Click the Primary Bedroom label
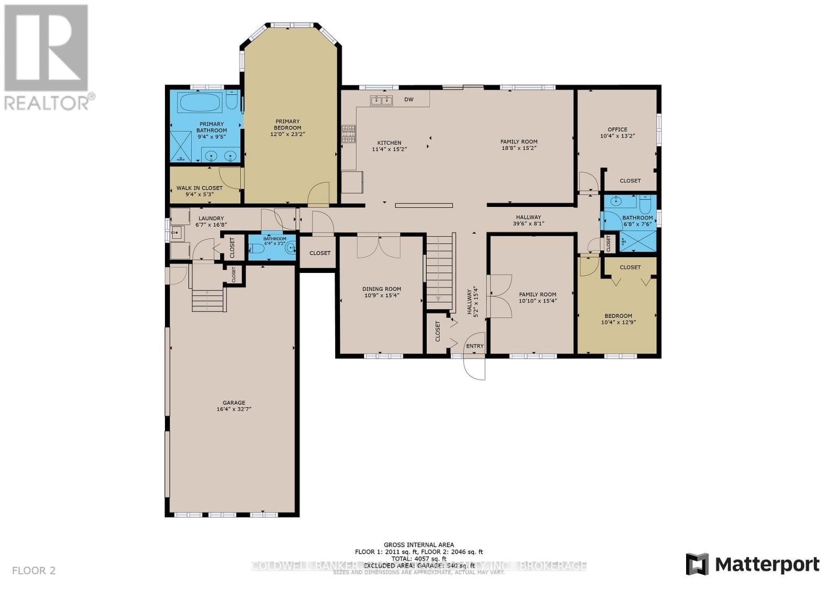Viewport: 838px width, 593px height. coord(287,125)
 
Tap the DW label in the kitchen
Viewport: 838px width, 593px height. coord(409,100)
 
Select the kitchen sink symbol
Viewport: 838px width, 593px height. coord(381,100)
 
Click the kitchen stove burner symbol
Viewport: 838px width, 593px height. coord(348,134)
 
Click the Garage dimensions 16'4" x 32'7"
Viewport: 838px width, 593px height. coord(234,409)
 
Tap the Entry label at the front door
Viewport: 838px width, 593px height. coord(475,346)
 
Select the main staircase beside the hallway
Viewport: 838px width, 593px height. coord(438,272)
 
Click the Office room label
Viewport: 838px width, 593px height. coord(617,129)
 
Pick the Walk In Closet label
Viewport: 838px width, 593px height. coord(199,188)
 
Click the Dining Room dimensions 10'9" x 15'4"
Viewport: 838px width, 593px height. coord(381,295)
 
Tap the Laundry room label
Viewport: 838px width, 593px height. coord(211,218)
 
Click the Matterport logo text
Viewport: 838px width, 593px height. coord(767,564)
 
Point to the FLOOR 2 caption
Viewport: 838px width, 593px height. coord(34,570)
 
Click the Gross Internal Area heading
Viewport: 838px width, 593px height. coord(418,545)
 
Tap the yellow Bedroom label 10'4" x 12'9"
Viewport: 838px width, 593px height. coord(618,316)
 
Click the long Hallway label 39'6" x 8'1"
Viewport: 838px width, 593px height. coord(528,217)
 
